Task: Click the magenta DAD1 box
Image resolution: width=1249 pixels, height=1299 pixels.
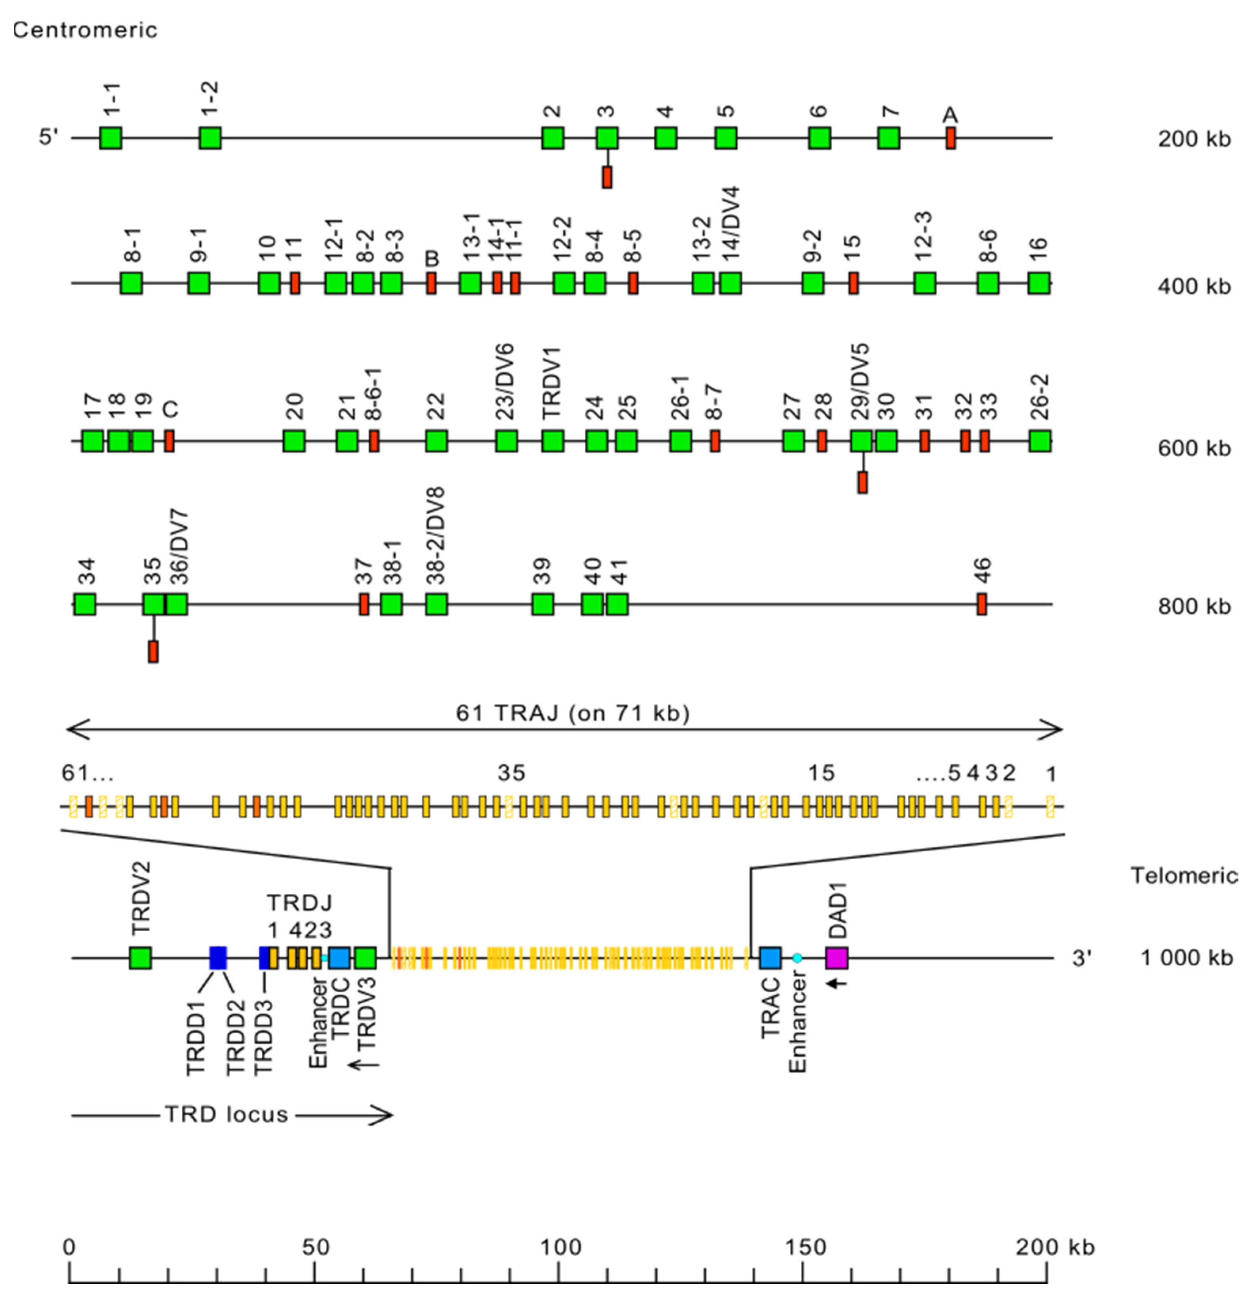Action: (836, 958)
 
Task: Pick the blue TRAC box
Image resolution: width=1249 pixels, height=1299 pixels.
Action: (770, 958)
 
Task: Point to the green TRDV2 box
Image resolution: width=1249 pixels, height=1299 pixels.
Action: (140, 958)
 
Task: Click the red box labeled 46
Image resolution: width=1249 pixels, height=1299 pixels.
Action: (981, 604)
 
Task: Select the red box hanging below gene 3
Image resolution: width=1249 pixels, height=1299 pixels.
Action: (606, 177)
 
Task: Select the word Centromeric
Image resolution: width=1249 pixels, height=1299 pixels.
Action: (85, 30)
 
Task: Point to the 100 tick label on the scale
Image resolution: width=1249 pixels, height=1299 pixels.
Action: (560, 1247)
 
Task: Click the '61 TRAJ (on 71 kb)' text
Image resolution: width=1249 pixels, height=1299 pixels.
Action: (573, 713)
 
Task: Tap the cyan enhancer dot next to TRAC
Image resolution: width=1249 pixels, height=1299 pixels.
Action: (797, 958)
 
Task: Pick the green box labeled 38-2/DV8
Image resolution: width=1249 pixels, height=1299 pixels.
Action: (436, 604)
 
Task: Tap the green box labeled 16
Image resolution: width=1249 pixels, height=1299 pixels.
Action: (1039, 283)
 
